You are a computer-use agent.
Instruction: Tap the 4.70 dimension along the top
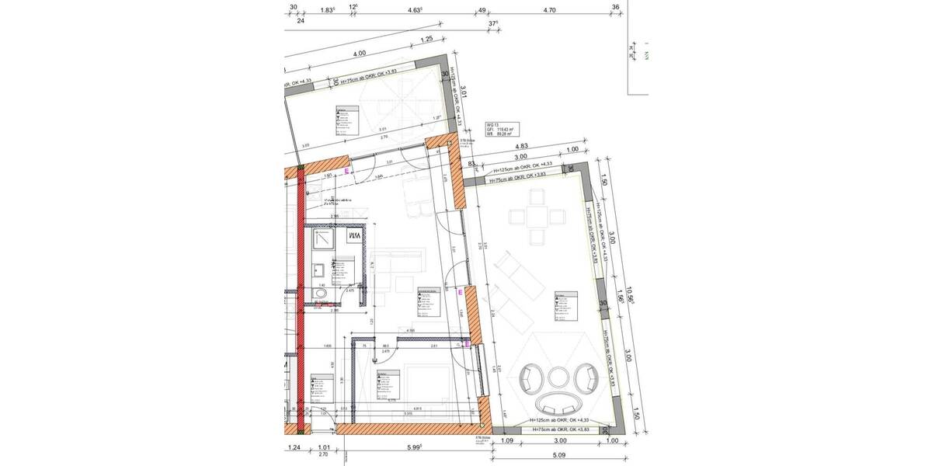click(549, 10)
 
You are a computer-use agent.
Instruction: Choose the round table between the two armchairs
click(558, 377)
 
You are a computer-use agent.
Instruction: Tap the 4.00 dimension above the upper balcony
click(358, 54)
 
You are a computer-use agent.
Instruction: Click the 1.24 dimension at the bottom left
click(294, 447)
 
